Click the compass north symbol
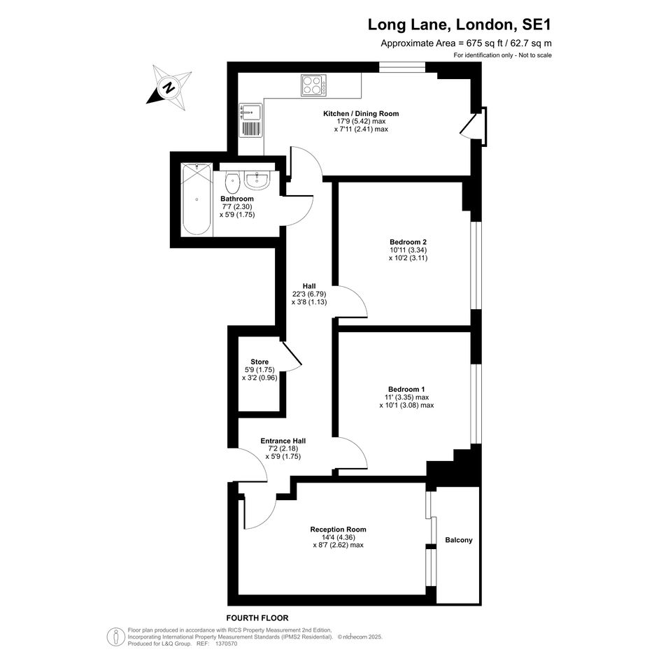pyautogui.click(x=169, y=87)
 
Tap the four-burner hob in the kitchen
pyautogui.click(x=313, y=85)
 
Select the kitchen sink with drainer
pyautogui.click(x=250, y=120)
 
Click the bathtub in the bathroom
pyautogui.click(x=197, y=199)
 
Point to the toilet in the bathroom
pyautogui.click(x=232, y=182)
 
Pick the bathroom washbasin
pyautogui.click(x=257, y=180)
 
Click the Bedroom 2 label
pyautogui.click(x=408, y=242)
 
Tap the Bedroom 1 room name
pyautogui.click(x=406, y=389)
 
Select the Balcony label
pyautogui.click(x=459, y=540)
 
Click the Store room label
pyautogui.click(x=260, y=362)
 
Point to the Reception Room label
pyautogui.click(x=338, y=529)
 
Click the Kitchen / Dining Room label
pyautogui.click(x=361, y=113)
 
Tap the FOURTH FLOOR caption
pyautogui.click(x=257, y=618)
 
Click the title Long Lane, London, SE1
pyautogui.click(x=460, y=24)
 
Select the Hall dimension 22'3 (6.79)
pyautogui.click(x=309, y=294)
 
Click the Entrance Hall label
pyautogui.click(x=283, y=441)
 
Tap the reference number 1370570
pyautogui.click(x=227, y=644)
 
